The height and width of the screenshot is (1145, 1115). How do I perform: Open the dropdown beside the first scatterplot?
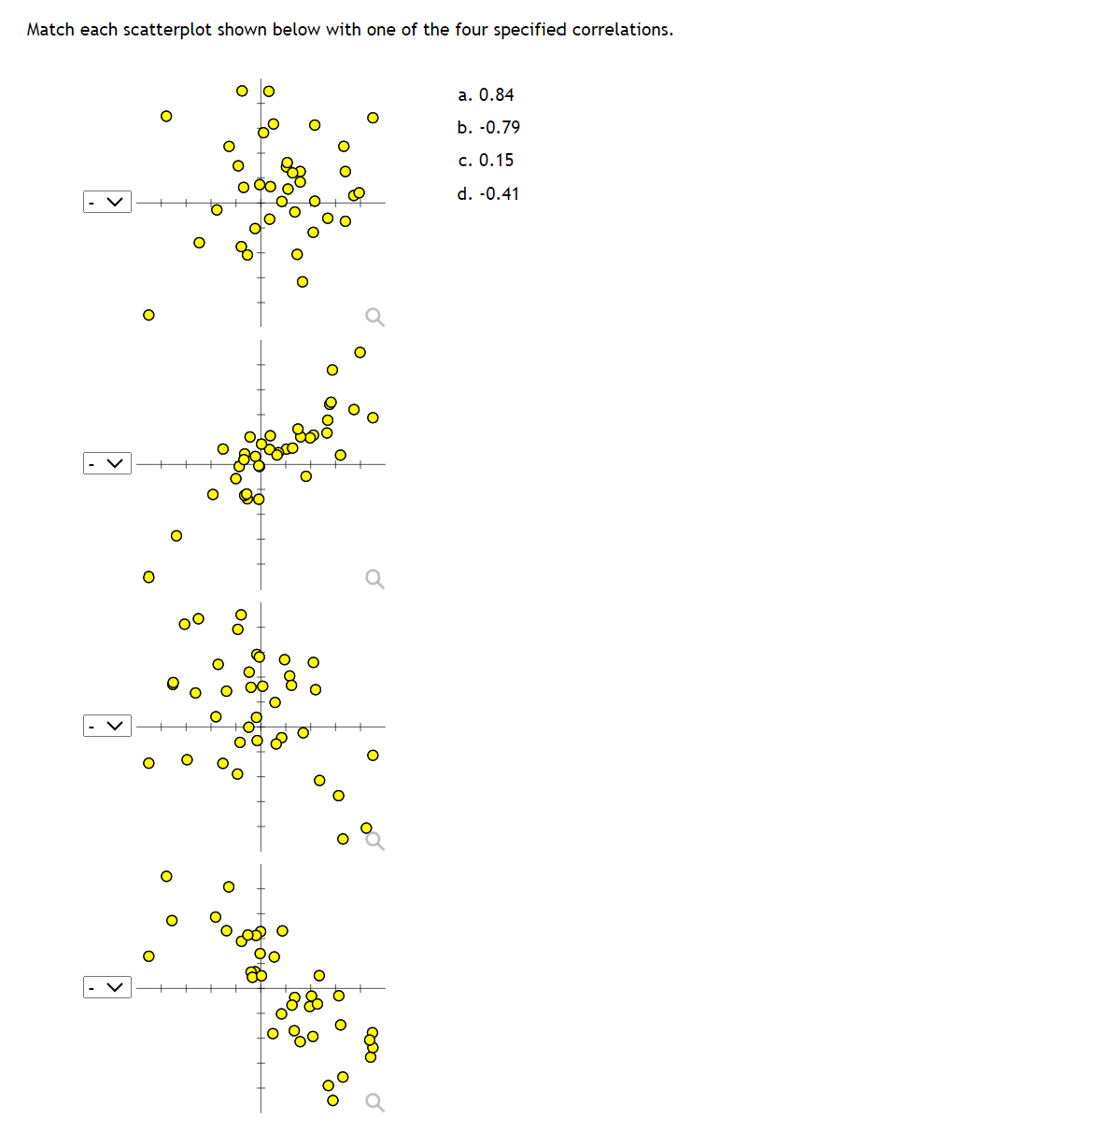pyautogui.click(x=107, y=202)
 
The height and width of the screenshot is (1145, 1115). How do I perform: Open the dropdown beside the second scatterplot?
pyautogui.click(x=107, y=463)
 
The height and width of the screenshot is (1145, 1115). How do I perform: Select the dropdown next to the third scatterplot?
pyautogui.click(x=107, y=726)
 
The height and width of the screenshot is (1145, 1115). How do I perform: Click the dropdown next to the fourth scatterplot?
pyautogui.click(x=107, y=987)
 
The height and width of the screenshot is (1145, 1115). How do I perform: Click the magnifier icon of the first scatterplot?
pyautogui.click(x=374, y=318)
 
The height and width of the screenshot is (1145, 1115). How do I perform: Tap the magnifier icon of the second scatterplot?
pyautogui.click(x=374, y=579)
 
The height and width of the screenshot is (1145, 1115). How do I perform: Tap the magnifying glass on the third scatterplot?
pyautogui.click(x=374, y=841)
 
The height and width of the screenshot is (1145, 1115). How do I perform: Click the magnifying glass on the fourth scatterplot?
pyautogui.click(x=374, y=1103)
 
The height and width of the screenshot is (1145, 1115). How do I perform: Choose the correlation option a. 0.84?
pyautogui.click(x=486, y=95)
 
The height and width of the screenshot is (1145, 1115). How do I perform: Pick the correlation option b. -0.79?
pyautogui.click(x=488, y=128)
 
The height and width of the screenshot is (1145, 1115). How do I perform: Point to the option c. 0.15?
pyautogui.click(x=486, y=161)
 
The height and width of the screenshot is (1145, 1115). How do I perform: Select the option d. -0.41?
pyautogui.click(x=488, y=194)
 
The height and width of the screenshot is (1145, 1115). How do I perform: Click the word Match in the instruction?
pyautogui.click(x=50, y=30)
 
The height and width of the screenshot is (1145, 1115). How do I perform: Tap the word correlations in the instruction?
pyautogui.click(x=621, y=30)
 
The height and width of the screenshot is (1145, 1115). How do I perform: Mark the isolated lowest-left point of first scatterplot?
pyautogui.click(x=148, y=315)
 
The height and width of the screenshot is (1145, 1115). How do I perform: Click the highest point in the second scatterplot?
pyautogui.click(x=360, y=352)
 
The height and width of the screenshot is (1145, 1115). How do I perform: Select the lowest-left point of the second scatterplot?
pyautogui.click(x=148, y=576)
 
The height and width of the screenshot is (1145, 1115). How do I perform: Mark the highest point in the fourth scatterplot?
pyautogui.click(x=166, y=876)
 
